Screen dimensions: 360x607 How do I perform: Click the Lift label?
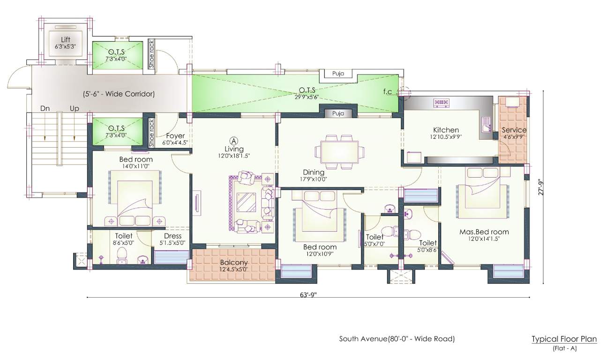coord(65,39)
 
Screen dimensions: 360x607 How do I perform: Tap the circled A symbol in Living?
coord(233,140)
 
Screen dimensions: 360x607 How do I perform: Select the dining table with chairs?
coord(340,152)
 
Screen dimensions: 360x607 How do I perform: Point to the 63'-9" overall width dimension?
coord(308,295)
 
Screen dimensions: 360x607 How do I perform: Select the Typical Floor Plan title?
coord(564,339)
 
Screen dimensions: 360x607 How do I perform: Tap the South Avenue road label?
coord(397,338)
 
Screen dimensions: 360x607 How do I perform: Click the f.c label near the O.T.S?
coord(387,91)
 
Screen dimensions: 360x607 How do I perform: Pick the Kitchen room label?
coord(446,130)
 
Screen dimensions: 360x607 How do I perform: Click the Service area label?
coord(514,130)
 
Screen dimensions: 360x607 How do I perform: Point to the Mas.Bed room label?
coord(484,232)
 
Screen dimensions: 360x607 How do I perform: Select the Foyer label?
coord(175,136)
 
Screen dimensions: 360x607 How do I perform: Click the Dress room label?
coord(172,236)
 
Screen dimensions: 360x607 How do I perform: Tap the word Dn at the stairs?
coord(45,108)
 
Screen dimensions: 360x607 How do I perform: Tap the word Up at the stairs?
coord(74,108)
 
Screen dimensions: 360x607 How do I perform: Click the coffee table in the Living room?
coord(246,202)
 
